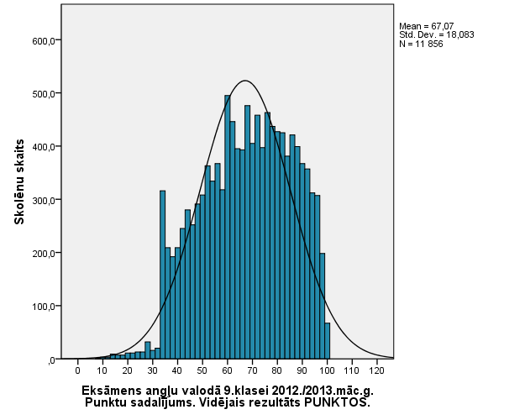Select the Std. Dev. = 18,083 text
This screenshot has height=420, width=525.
click(x=429, y=34)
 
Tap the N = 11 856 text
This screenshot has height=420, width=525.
click(x=421, y=43)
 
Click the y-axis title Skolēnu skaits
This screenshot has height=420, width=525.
click(x=18, y=182)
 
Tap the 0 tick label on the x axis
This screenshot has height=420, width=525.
click(x=77, y=370)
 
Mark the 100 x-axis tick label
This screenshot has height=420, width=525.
click(x=327, y=370)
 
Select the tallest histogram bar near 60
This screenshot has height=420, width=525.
click(x=227, y=227)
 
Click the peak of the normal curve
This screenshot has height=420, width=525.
click(x=244, y=81)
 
